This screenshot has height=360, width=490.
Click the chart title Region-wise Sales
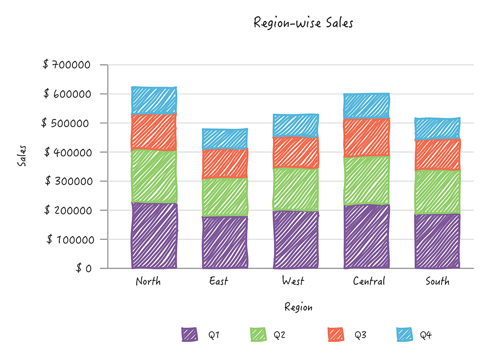[303, 23]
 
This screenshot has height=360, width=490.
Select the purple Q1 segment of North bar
[154, 236]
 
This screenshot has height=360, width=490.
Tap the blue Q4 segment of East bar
[225, 139]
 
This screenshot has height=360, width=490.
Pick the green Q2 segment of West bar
[296, 190]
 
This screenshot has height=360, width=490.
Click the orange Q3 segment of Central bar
[367, 138]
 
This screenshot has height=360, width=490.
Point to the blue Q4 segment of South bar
[437, 129]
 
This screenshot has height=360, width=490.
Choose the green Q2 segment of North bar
[154, 176]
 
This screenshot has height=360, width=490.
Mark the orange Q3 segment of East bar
[225, 164]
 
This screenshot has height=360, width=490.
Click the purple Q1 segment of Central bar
[367, 237]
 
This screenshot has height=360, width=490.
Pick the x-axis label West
[293, 281]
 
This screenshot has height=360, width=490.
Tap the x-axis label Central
[368, 281]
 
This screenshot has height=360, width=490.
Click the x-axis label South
[437, 281]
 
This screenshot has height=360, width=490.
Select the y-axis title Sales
[22, 156]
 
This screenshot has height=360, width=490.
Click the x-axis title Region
[298, 308]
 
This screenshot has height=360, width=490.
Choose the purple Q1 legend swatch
[189, 335]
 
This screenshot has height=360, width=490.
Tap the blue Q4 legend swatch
[404, 335]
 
